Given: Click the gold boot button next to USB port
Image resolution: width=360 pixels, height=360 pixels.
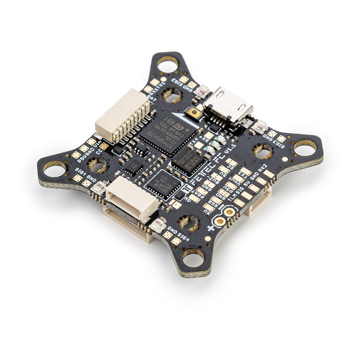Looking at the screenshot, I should point(192,114).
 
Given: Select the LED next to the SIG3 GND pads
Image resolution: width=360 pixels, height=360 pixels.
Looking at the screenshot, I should point(259,129).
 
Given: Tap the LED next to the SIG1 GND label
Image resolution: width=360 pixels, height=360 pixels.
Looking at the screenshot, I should point(100,188).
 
